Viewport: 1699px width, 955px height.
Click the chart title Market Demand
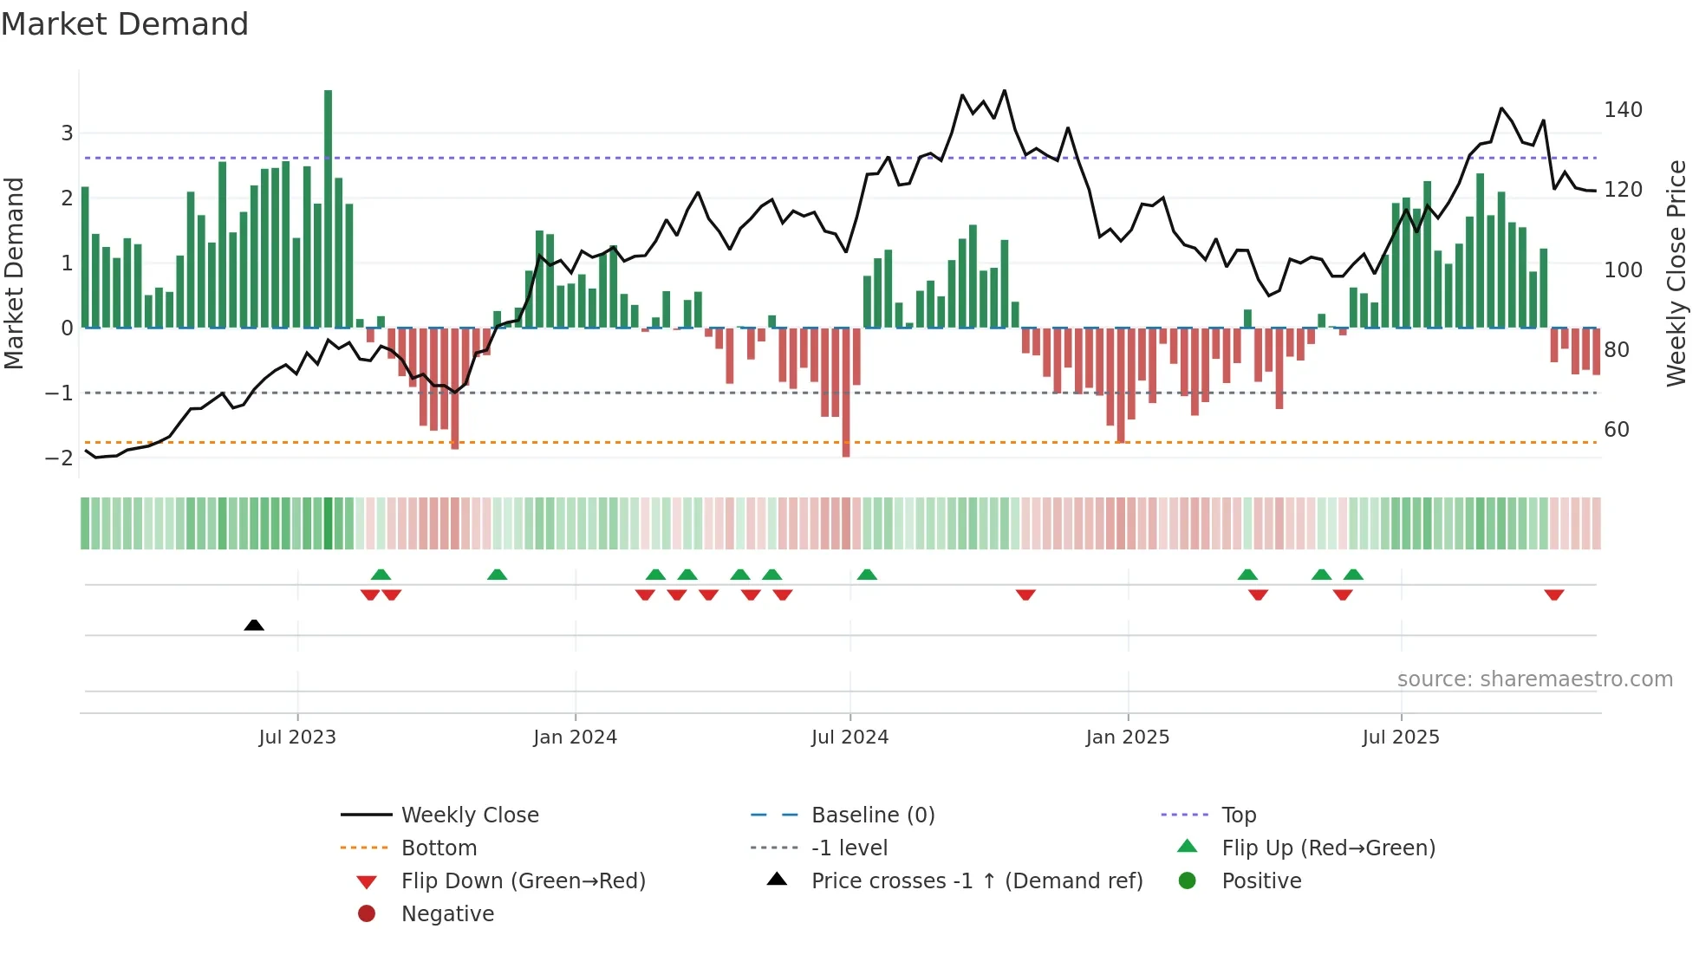125,24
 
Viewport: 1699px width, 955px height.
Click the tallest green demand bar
329,208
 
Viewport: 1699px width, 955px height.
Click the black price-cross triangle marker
254,625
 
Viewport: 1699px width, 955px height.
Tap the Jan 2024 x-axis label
575,737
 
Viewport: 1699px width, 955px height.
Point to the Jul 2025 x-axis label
1400,737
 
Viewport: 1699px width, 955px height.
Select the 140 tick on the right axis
1623,110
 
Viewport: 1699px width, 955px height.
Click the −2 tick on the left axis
59,458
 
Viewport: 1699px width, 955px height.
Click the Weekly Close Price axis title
1676,273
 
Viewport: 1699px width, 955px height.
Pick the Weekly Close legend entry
469,815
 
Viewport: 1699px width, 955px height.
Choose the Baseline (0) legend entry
872,815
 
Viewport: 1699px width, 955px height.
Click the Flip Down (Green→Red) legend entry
523,881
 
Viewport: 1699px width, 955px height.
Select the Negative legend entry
447,914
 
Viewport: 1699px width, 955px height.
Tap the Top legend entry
1238,815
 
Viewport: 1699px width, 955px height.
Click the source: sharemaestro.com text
1534,679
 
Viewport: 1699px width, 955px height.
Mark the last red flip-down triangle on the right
1553,594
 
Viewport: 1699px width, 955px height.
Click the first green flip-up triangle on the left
381,575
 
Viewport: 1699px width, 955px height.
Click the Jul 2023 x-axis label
297,737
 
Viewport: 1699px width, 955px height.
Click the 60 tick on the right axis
1617,430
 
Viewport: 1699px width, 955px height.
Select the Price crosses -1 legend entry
976,881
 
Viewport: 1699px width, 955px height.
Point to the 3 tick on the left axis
67,133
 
